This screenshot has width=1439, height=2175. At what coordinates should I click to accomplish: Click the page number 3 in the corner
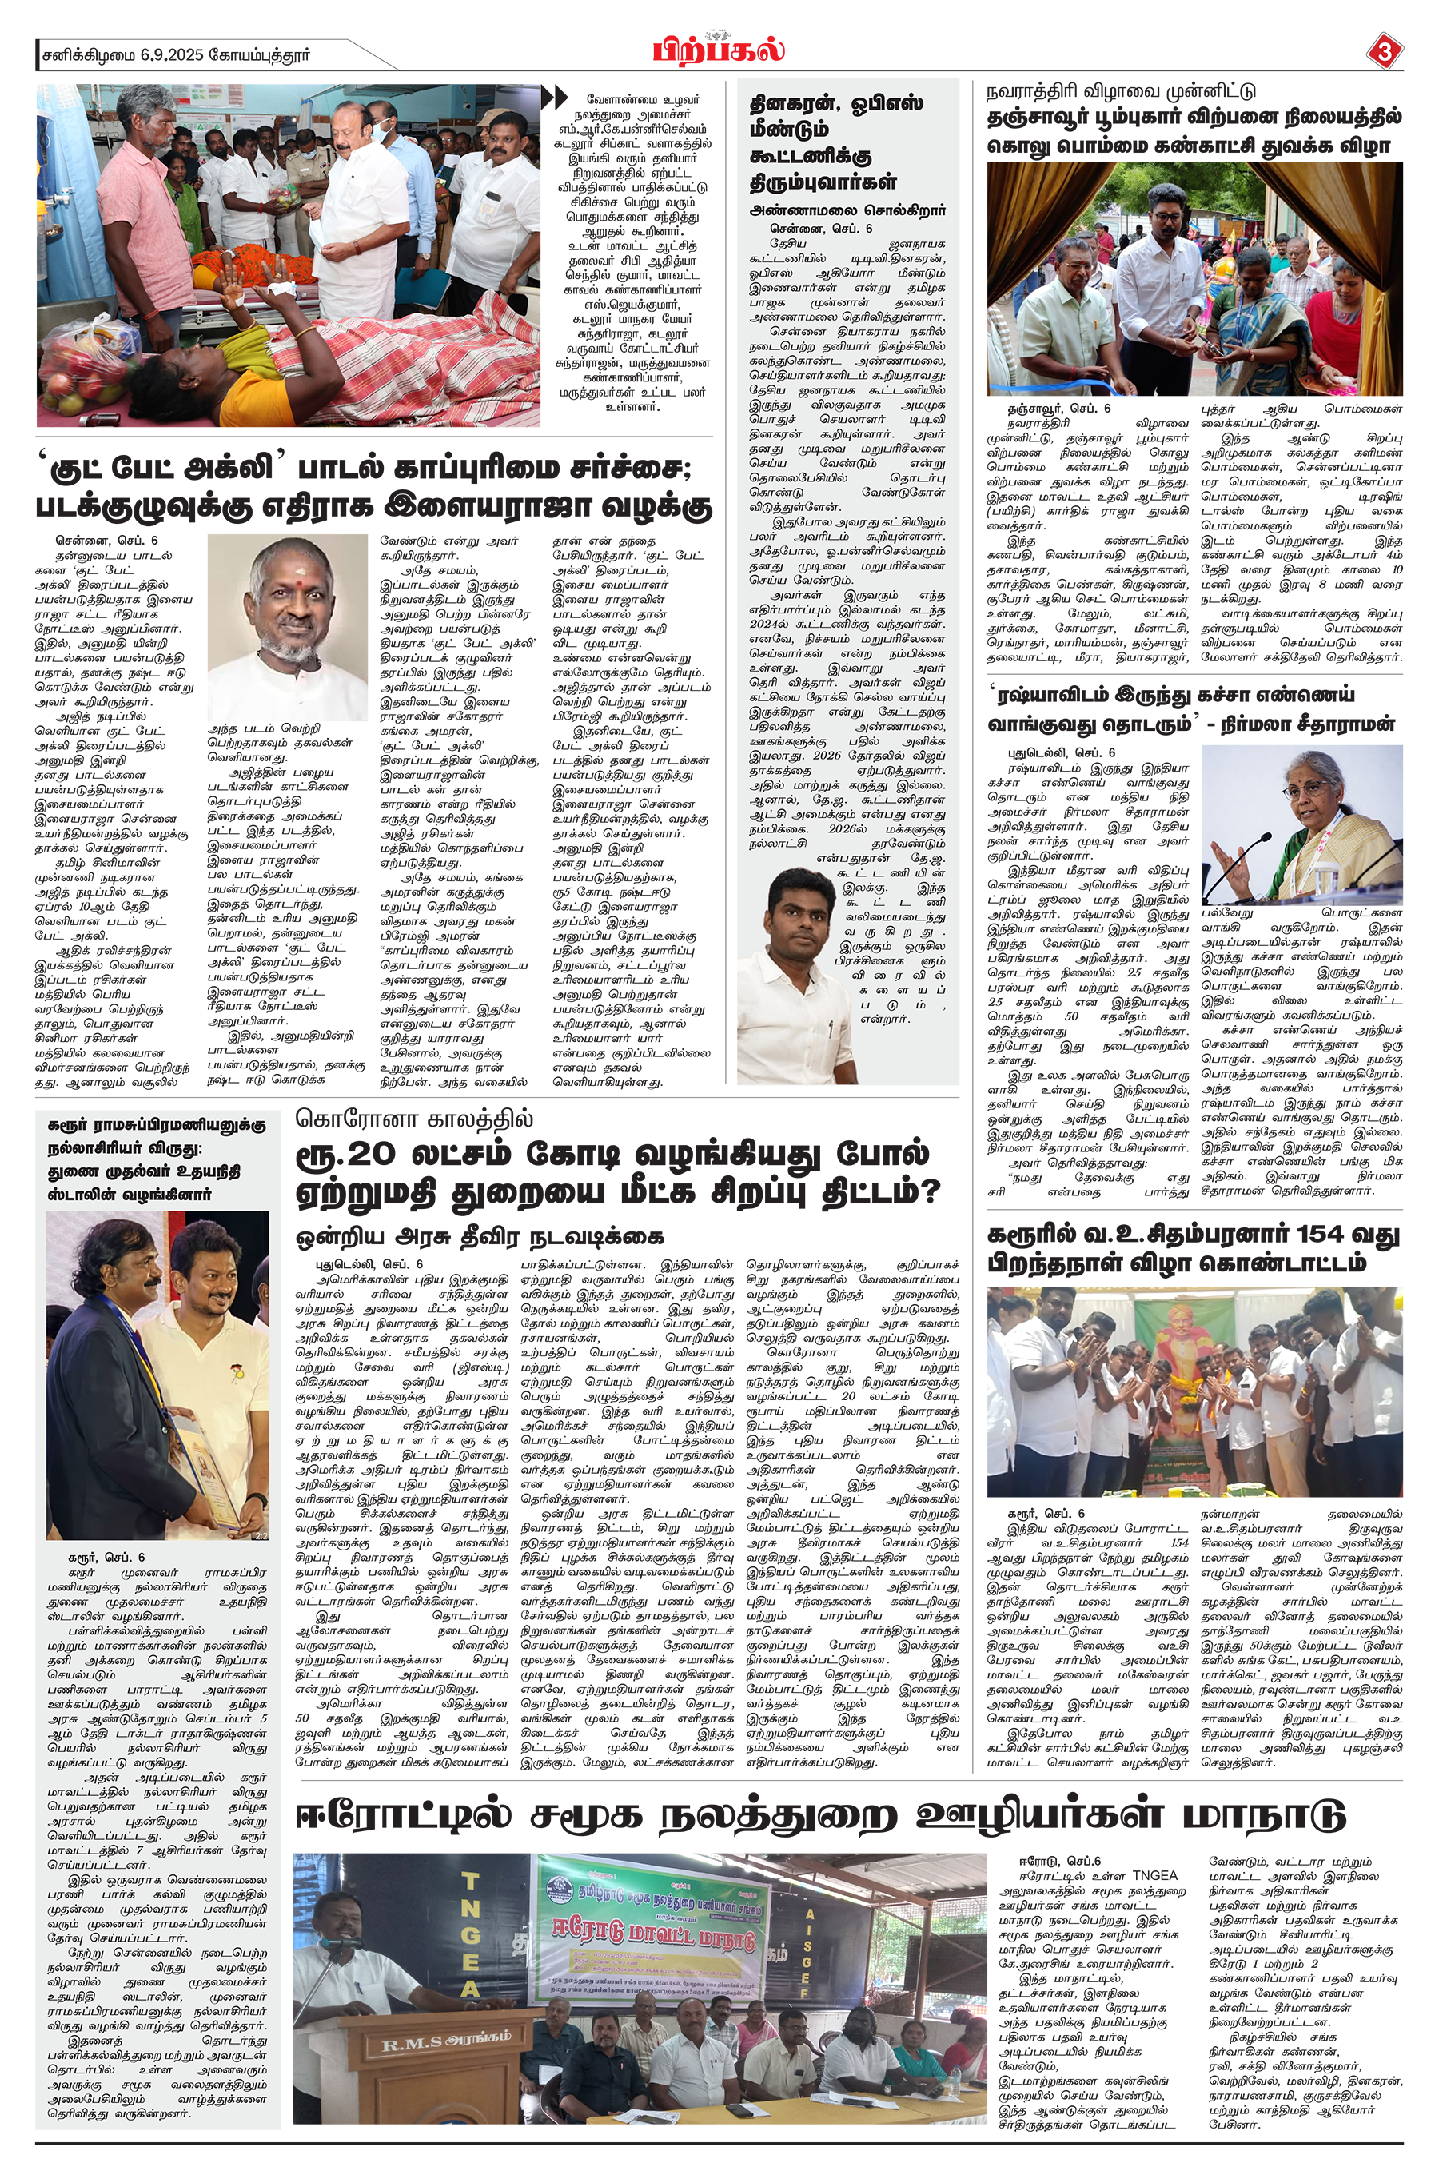[x=1384, y=52]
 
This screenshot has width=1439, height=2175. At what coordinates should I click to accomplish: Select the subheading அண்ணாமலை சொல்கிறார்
[x=847, y=210]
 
